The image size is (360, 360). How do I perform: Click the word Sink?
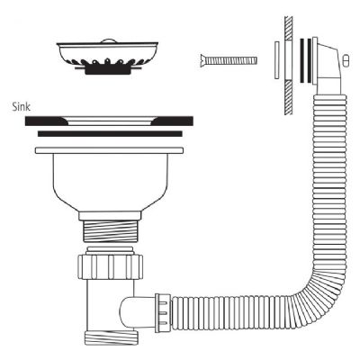[x=22, y=107]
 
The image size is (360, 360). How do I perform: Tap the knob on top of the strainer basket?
[x=107, y=40]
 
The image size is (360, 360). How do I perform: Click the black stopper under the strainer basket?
[x=108, y=70]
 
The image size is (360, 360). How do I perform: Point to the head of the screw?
[x=203, y=60]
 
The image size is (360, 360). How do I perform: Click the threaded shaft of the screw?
[x=232, y=60]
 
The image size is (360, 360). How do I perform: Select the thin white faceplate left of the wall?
[x=277, y=60]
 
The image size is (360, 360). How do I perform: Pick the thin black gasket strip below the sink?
[x=110, y=133]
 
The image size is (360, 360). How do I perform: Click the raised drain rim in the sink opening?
[x=109, y=121]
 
